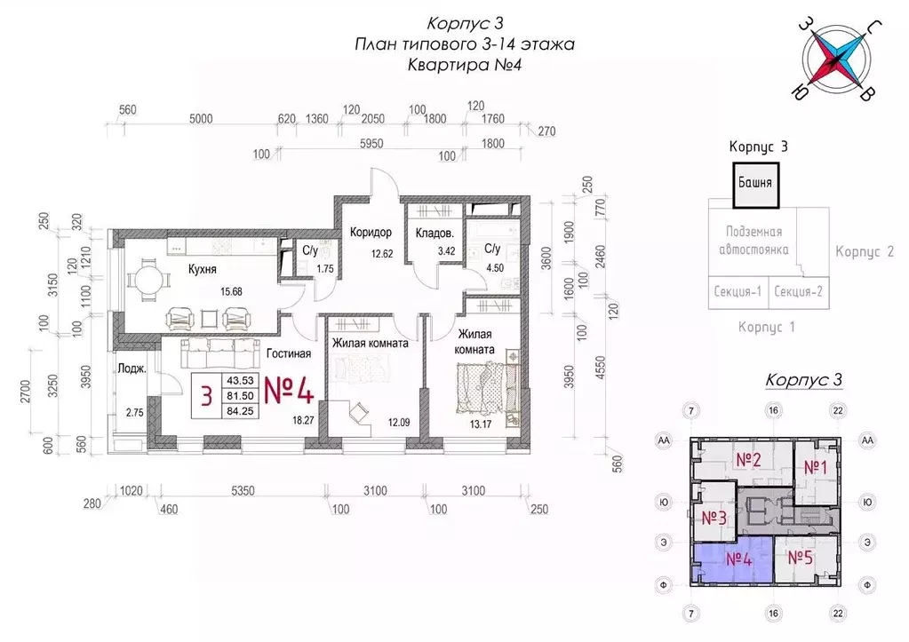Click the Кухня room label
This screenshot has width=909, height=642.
(203, 269)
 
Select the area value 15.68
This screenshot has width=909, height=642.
(231, 291)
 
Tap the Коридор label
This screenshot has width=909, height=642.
(371, 233)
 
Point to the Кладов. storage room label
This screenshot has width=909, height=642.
(435, 234)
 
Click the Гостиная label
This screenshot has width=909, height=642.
(289, 353)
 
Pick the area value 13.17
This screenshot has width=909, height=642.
(481, 424)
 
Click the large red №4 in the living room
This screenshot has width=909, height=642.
(289, 390)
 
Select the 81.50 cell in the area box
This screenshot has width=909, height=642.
(240, 396)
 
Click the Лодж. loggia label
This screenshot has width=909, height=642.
(132, 369)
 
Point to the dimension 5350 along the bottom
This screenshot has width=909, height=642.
(243, 491)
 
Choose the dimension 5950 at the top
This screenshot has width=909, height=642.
(371, 143)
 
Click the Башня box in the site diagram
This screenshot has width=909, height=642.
(755, 185)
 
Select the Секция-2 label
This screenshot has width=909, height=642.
(798, 291)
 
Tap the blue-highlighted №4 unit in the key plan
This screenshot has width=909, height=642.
(733, 561)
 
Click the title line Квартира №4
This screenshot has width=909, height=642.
(465, 65)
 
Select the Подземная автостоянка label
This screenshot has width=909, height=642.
(754, 241)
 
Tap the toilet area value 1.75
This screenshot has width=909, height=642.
(325, 269)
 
